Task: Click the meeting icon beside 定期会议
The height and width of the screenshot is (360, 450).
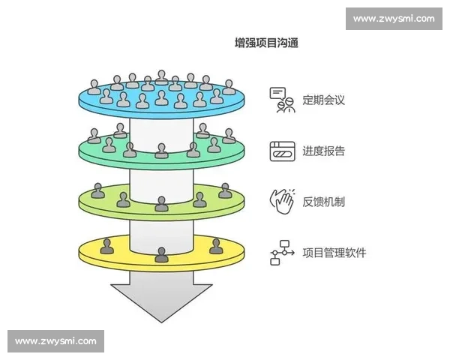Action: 282,100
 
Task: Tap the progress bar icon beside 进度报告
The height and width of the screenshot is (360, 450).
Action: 282,151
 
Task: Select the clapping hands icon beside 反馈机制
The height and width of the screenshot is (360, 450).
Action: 282,202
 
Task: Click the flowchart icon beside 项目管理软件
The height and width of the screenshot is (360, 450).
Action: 281,253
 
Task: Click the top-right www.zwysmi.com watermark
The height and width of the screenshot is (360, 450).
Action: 393,18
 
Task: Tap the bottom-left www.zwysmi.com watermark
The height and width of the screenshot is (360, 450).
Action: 56,341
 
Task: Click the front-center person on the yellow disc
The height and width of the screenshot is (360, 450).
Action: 161,254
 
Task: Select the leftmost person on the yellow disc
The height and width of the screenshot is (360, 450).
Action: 107,245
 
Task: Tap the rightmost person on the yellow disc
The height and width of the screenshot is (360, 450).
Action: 216,245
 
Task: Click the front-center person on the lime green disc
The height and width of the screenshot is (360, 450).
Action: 161,203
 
